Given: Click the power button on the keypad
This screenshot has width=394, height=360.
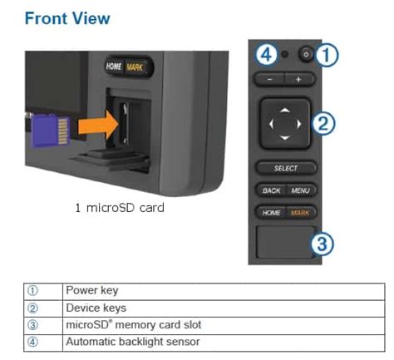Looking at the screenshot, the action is click(x=306, y=54).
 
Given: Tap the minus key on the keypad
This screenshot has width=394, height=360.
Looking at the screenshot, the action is click(x=269, y=80).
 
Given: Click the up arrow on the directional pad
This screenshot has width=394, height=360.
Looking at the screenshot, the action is click(x=285, y=110).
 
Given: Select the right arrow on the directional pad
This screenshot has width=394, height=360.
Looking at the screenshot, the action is click(x=299, y=124).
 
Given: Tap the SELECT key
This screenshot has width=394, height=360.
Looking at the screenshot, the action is click(x=286, y=168).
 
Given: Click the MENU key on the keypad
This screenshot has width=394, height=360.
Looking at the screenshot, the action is click(x=301, y=190).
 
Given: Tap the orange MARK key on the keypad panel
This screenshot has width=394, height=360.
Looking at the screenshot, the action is click(x=300, y=213).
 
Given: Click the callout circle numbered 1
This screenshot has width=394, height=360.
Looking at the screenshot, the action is click(x=327, y=55).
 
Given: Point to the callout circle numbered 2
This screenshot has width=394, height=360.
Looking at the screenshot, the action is click(x=323, y=123).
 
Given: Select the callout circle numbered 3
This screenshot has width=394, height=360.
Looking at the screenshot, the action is click(x=322, y=244).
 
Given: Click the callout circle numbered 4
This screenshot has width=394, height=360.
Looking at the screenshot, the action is click(x=267, y=54).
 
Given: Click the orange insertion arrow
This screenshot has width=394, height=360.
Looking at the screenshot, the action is click(x=98, y=125).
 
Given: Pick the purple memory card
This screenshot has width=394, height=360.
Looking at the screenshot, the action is click(x=51, y=131).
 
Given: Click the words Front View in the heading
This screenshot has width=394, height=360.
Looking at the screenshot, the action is click(x=67, y=18).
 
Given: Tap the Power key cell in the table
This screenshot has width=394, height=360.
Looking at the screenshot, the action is click(x=224, y=291).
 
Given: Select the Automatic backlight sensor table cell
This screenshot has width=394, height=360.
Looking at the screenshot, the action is click(x=224, y=343).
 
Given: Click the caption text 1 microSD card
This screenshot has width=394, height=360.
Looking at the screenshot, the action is click(x=120, y=208).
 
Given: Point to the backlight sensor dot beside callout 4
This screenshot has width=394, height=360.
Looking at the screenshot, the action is click(x=284, y=54).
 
